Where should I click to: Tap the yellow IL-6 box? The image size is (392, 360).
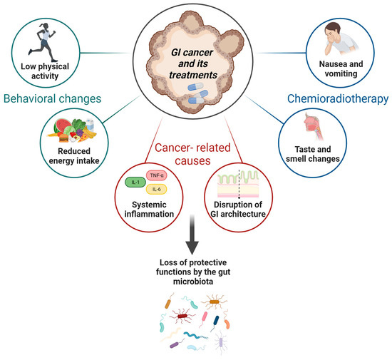coord(158,190)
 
